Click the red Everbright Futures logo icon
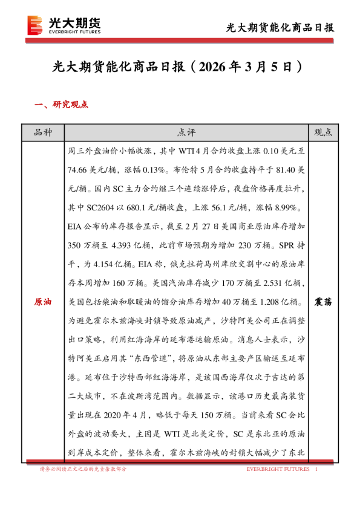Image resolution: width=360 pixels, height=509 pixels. click(x=36, y=25)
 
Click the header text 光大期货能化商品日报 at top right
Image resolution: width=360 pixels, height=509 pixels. click(x=280, y=28)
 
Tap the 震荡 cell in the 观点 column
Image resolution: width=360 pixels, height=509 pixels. click(x=325, y=300)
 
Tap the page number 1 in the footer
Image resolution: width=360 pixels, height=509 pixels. click(x=317, y=469)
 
